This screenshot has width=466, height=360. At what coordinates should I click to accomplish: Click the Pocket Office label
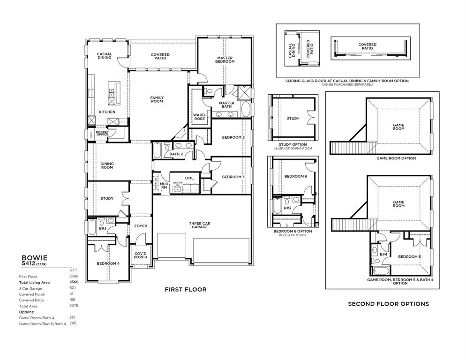tap(102, 134)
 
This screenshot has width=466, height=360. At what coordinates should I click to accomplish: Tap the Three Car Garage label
tap(200, 225)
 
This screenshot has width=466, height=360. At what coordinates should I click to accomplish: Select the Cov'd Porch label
tap(141, 255)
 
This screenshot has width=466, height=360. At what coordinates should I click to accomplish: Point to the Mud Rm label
tap(164, 186)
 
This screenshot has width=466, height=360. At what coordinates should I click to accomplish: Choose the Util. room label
tap(189, 178)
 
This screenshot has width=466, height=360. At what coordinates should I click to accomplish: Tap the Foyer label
tap(141, 226)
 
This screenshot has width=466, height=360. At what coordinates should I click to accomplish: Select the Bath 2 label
tap(176, 154)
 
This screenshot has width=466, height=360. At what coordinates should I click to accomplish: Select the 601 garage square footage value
tap(73, 288)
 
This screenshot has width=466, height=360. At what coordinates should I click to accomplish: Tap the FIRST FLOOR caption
tap(186, 290)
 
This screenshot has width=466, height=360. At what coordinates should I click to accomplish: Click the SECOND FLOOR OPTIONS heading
tap(388, 304)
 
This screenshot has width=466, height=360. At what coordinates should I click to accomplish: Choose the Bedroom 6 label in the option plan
tap(296, 176)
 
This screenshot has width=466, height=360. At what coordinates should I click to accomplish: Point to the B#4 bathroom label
tap(383, 254)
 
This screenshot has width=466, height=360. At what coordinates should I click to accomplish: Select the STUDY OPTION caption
tap(293, 144)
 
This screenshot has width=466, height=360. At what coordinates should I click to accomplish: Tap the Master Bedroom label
tap(225, 60)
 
